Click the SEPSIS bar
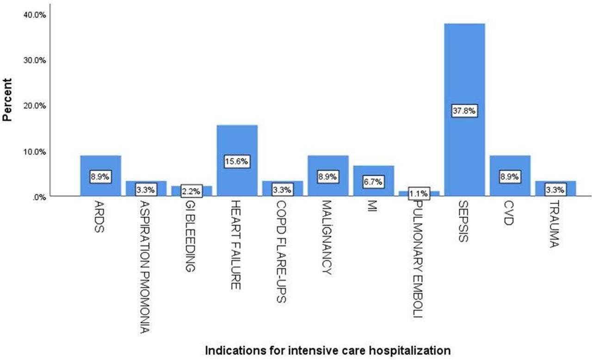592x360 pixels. coord(464,69)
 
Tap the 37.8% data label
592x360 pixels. coord(464,111)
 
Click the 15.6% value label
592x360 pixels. coord(237,161)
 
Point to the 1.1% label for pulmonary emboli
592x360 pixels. coord(419,193)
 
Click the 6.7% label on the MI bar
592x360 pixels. coord(373,182)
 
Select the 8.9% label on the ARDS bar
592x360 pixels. coord(100,177)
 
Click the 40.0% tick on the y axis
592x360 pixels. coord(34,15)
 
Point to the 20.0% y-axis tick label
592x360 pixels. coord(34,106)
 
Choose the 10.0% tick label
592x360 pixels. coord(34,151)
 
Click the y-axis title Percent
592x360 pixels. coord(7,99)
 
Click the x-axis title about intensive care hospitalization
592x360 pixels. coord(327,350)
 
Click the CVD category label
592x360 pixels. coord(509,213)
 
